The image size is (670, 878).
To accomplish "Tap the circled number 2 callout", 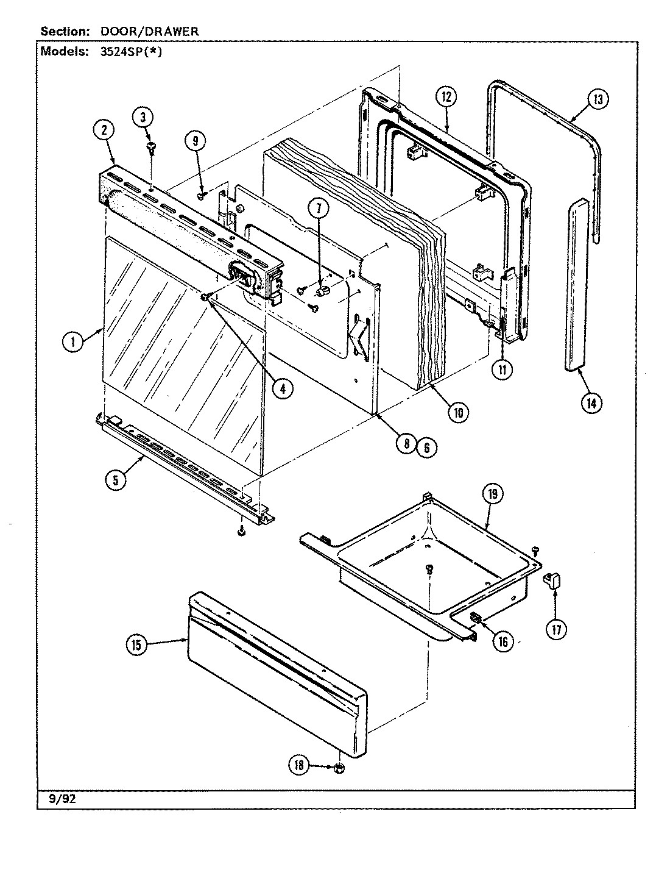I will click(104, 130).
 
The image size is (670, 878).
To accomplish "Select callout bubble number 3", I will click(144, 118).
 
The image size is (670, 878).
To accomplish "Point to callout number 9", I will click(196, 141).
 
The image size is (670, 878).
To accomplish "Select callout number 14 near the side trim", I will click(590, 402).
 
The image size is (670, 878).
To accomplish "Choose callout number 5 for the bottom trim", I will click(115, 479).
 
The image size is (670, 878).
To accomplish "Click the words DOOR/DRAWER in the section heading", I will click(149, 31).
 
